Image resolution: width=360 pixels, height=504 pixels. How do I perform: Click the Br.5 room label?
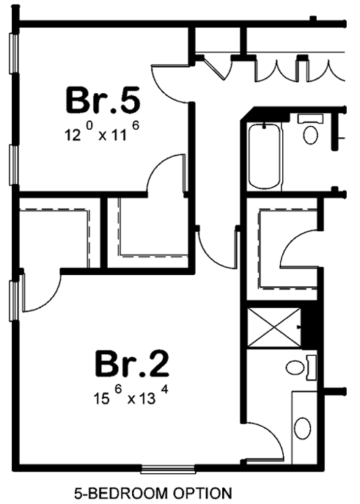click(102, 101)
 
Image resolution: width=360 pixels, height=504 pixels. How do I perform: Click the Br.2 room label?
click(132, 364)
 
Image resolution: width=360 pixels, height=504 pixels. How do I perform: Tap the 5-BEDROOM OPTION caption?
click(153, 492)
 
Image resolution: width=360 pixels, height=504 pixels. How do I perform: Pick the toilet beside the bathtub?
click(311, 132)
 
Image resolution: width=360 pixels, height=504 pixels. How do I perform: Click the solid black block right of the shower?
click(312, 326)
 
